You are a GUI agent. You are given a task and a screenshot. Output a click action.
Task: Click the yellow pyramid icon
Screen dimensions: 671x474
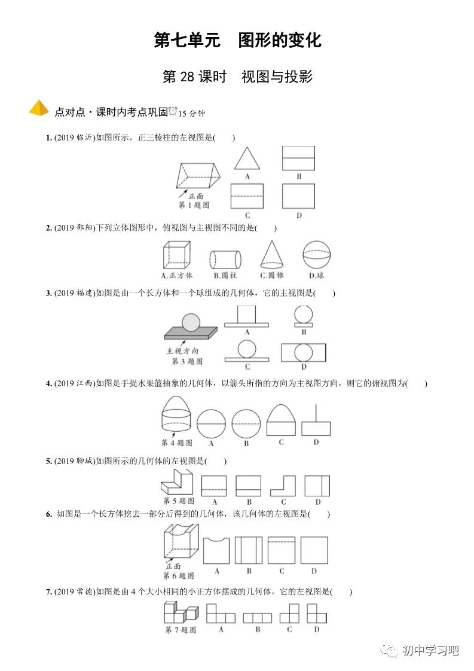pos(39,108)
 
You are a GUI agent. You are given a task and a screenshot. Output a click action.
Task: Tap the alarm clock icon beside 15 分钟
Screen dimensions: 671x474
pos(173,111)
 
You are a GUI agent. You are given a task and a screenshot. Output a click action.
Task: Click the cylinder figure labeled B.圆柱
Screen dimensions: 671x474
pos(225,260)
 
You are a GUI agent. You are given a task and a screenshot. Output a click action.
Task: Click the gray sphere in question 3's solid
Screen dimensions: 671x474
pos(191,322)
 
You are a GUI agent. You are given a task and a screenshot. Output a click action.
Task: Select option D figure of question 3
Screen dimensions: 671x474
pos(304,351)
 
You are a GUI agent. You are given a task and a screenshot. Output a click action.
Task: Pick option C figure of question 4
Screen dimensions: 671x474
pos(281,420)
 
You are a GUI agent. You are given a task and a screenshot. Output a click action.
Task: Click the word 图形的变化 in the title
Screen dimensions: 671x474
pos(280,40)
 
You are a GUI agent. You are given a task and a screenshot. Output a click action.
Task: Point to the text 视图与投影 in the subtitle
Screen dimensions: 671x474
pos(277,77)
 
